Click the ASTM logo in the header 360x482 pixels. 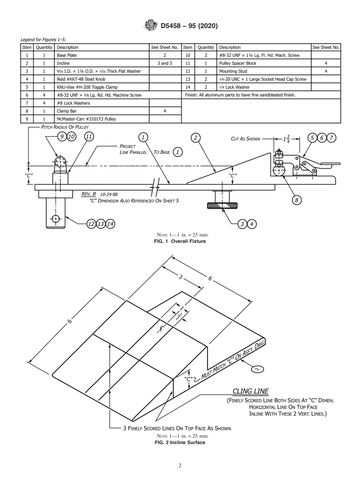[151, 26]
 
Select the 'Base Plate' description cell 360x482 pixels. [67, 55]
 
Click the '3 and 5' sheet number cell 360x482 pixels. [164, 63]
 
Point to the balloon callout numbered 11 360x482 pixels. [89, 137]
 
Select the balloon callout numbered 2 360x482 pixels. [196, 138]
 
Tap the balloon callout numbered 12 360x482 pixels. [91, 224]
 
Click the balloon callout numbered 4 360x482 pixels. [252, 224]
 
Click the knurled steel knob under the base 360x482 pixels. [222, 205]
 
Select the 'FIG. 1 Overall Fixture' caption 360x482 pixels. [180, 241]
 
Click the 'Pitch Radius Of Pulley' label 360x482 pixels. [65, 127]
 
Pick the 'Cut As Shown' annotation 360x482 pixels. [246, 139]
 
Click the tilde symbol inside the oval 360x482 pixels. [258, 369]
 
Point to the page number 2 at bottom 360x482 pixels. [180, 466]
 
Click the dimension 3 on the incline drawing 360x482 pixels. [181, 277]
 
